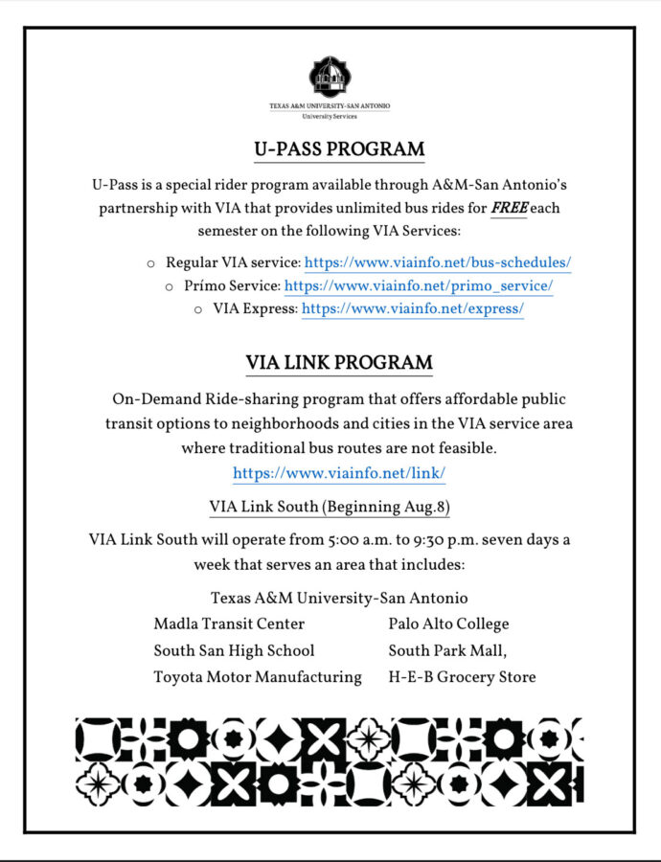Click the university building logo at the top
330,76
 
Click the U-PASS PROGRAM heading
339,149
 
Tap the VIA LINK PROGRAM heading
339,364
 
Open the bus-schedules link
438,261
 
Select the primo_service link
419,285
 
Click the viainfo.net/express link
413,308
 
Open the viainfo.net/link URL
339,473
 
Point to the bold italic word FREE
509,208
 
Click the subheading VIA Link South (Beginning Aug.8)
330,507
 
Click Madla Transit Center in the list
229,624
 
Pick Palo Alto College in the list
448,624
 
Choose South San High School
234,651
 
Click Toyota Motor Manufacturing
258,678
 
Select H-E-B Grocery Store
462,678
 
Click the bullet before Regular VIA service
150,262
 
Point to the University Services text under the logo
330,117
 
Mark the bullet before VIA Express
198,309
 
